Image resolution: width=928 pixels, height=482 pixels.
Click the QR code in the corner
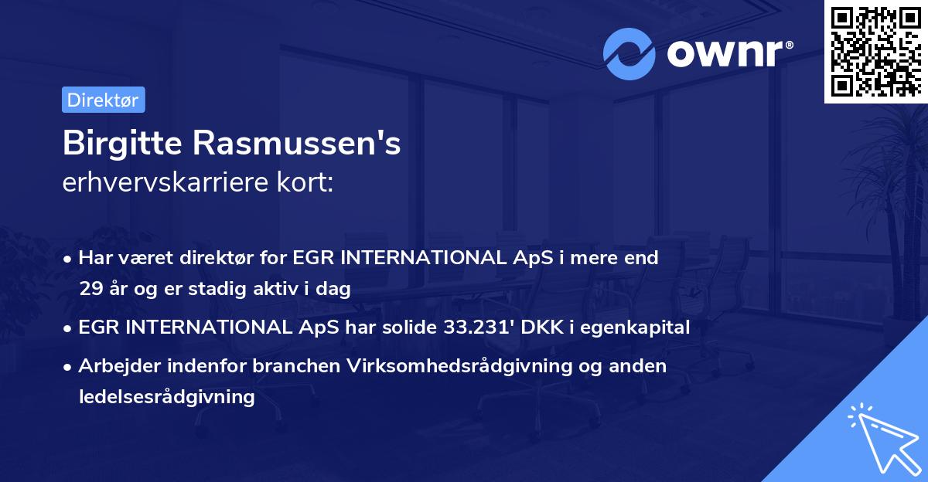click(876, 51)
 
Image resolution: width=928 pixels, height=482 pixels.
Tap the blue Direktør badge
click(103, 100)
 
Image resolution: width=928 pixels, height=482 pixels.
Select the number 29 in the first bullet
click(90, 290)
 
